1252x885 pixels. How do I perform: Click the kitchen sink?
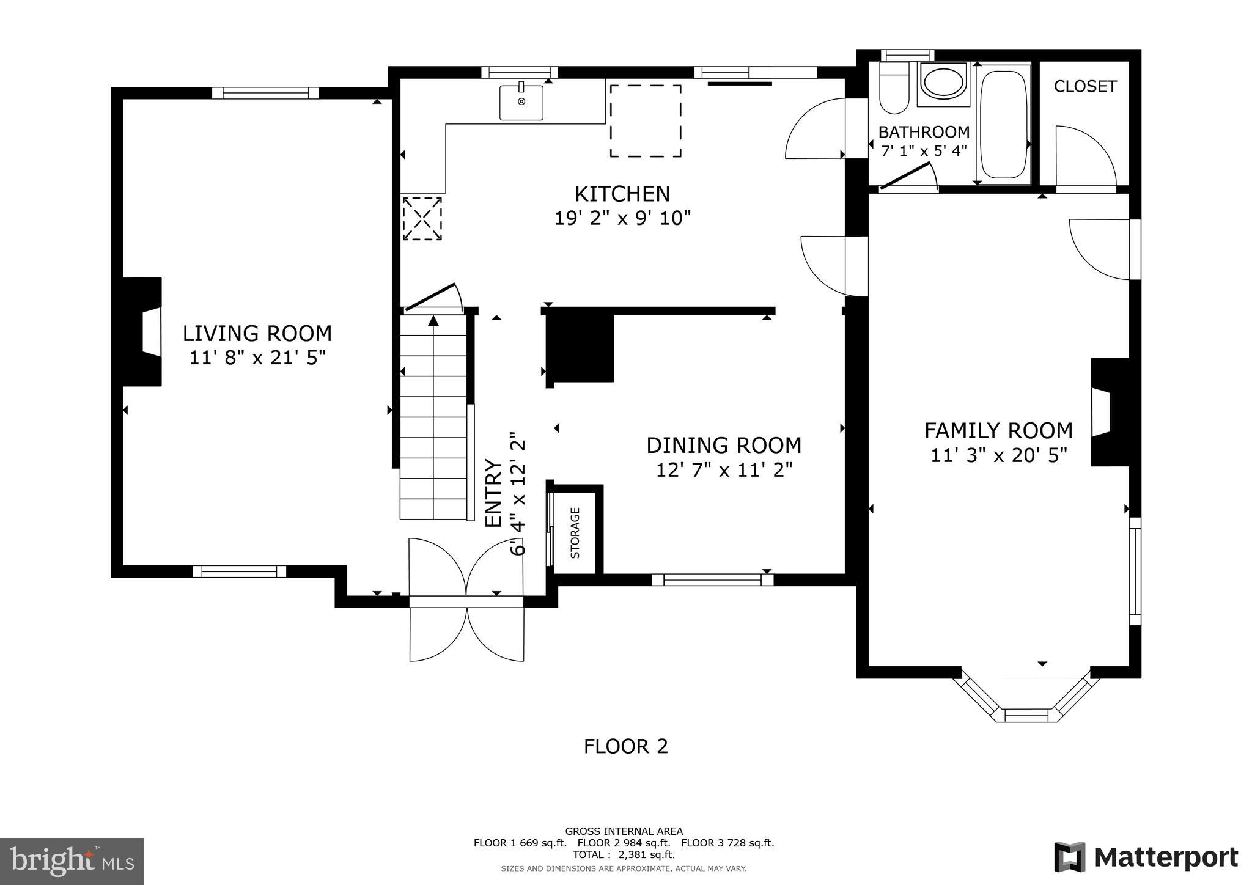tap(521, 103)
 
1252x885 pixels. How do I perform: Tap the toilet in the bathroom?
tap(893, 92)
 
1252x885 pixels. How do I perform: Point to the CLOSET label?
tap(1085, 87)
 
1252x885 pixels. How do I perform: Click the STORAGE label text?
tap(575, 533)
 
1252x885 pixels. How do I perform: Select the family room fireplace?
tap(1109, 413)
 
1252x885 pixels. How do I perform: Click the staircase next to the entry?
tap(433, 422)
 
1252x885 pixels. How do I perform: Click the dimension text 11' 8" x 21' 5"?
tap(257, 358)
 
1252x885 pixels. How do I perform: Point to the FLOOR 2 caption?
tap(625, 746)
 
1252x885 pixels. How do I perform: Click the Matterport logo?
tap(1146, 857)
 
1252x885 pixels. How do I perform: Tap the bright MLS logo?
tap(72, 861)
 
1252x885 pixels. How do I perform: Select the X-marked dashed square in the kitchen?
tap(422, 218)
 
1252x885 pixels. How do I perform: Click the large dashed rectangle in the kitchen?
tap(646, 121)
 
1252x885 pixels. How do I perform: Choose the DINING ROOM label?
tap(724, 446)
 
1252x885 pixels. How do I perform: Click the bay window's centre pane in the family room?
tap(1026, 715)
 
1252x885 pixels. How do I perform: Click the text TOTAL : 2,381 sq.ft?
tap(624, 854)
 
